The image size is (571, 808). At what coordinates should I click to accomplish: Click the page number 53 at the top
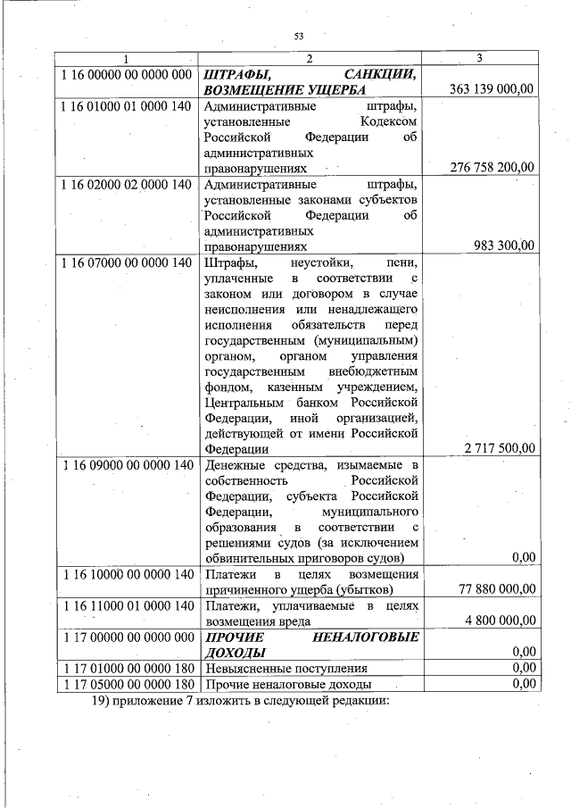pyautogui.click(x=299, y=36)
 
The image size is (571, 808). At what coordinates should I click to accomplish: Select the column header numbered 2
pyautogui.click(x=309, y=59)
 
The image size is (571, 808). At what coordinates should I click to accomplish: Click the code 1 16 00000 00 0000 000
pyautogui.click(x=128, y=75)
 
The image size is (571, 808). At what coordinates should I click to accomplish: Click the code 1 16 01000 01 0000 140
pyautogui.click(x=128, y=107)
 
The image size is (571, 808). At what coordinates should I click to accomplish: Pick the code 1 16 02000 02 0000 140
pyautogui.click(x=128, y=184)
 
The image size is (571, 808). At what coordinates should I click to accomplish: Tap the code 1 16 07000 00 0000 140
pyautogui.click(x=128, y=262)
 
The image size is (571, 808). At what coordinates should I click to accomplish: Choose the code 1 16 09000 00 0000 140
pyautogui.click(x=128, y=465)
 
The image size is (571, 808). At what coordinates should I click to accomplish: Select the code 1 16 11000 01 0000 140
pyautogui.click(x=128, y=605)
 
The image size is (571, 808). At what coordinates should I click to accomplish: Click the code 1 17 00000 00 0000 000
pyautogui.click(x=128, y=637)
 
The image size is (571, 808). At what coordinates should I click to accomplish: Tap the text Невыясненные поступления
pyautogui.click(x=285, y=668)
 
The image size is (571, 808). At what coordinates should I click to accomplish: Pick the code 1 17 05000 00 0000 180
pyautogui.click(x=128, y=684)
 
